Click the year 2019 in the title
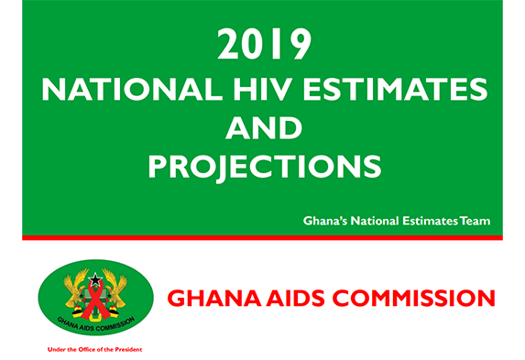coord(265,44)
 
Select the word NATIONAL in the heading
coord(132,90)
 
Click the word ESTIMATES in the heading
coord(395,90)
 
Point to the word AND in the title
coord(264,128)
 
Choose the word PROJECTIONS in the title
coord(265,167)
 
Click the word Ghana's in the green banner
coord(325,221)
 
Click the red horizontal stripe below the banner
coord(262,238)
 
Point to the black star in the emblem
coord(95,279)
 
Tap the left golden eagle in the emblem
coord(76,288)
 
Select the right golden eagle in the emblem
coord(115,288)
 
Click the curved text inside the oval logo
coord(96,324)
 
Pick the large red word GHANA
coord(213,298)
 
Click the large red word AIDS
coord(296,298)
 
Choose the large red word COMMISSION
coord(414,298)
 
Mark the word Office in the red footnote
coord(86,350)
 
